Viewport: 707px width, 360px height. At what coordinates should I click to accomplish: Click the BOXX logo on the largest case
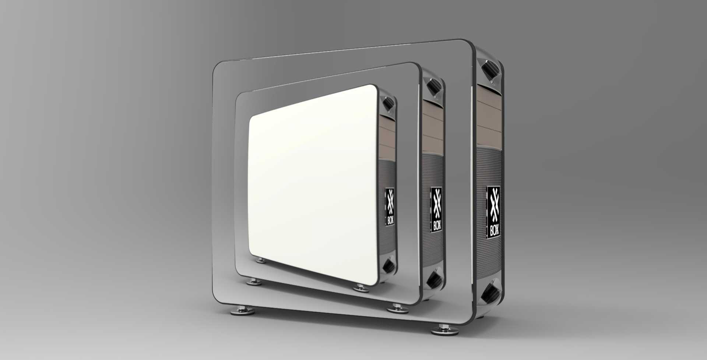pyautogui.click(x=493, y=212)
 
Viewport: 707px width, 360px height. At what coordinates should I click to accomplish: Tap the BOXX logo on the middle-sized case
pyautogui.click(x=437, y=208)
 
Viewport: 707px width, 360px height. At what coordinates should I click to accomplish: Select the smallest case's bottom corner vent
pyautogui.click(x=388, y=266)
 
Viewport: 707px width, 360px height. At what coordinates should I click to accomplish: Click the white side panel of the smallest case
pyautogui.click(x=313, y=184)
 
